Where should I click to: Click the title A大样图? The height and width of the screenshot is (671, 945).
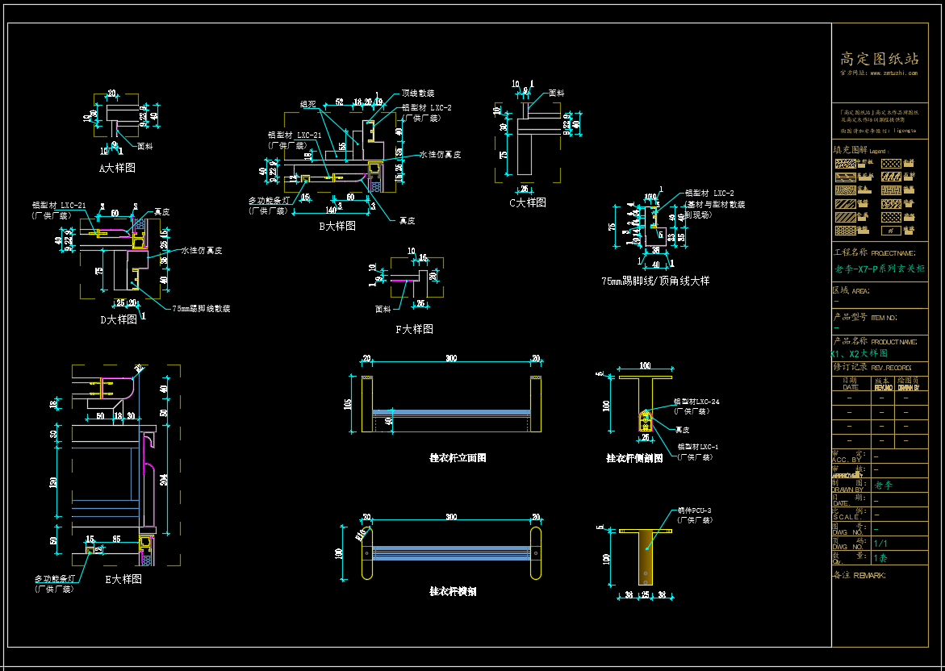[117, 168]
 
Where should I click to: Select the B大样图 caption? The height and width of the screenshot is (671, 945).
[337, 226]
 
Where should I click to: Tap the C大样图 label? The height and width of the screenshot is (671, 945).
[528, 202]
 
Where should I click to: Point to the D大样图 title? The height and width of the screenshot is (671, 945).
[119, 319]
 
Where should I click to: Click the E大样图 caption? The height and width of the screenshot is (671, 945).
[123, 579]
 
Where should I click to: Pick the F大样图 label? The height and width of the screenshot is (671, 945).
[415, 329]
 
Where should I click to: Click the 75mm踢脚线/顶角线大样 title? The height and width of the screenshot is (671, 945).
[655, 281]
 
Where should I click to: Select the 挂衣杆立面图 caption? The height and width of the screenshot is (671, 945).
[458, 457]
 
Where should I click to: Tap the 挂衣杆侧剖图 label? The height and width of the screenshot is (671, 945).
[634, 457]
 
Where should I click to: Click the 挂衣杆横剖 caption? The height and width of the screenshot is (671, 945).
[453, 591]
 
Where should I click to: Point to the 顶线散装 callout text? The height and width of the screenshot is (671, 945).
[418, 93]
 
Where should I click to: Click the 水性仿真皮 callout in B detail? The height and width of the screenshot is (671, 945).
[440, 154]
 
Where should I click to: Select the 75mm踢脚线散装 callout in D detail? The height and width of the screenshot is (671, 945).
[201, 308]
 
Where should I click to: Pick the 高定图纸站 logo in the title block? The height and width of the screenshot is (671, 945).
[880, 59]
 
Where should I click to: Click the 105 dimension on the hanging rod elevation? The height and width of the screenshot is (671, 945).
[349, 403]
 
